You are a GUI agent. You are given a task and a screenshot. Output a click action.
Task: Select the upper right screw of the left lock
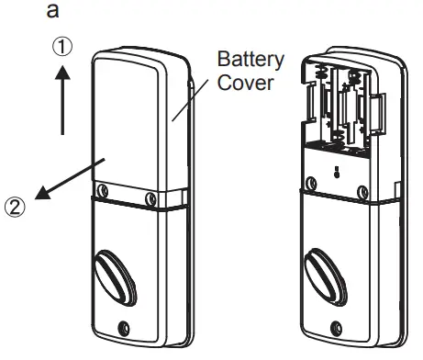coord(150,198)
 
